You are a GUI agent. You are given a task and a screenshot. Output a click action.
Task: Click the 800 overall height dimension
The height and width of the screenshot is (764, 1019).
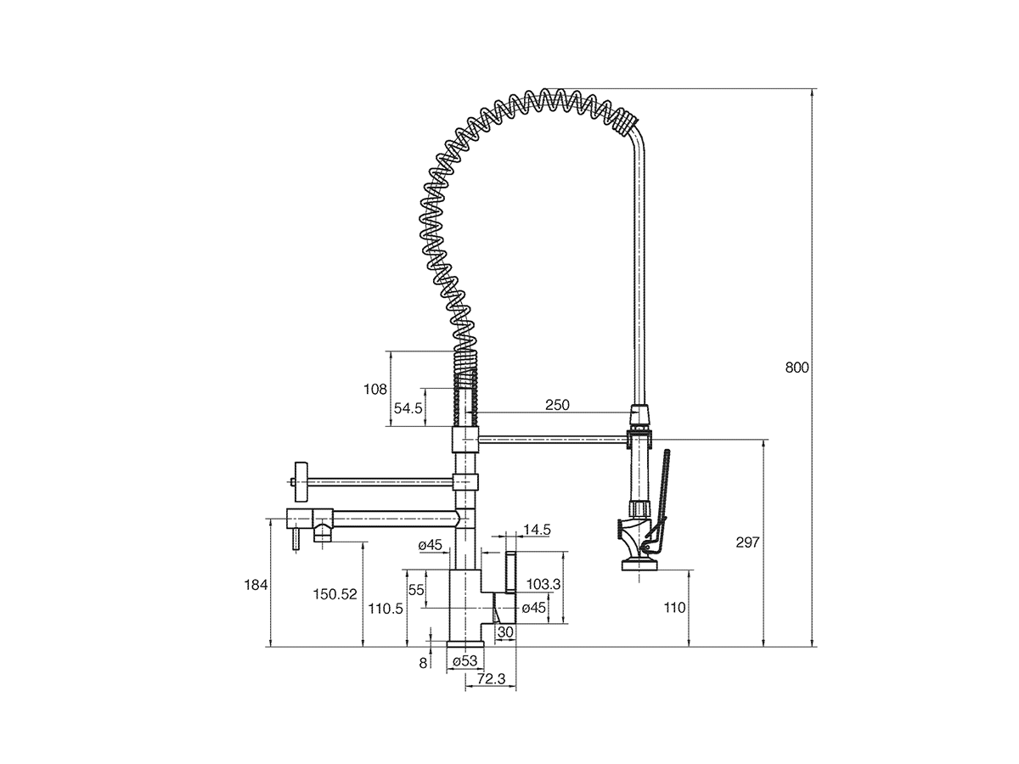797,368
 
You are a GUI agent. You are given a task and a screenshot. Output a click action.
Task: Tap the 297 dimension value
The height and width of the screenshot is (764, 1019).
747,542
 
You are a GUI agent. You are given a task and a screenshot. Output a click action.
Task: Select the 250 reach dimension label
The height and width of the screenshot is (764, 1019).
557,405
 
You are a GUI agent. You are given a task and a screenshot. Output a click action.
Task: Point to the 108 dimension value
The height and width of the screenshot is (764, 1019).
374,389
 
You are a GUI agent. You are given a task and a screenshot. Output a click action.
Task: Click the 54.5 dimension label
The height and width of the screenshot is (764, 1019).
408,408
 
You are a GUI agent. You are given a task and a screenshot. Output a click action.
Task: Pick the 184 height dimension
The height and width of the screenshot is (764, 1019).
256,585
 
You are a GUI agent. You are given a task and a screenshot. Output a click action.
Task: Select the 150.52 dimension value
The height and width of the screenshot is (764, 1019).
335,594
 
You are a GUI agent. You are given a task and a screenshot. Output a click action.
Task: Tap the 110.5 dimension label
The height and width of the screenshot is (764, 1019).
386,608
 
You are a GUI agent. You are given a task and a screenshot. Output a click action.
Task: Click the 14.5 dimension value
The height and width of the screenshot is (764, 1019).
537,530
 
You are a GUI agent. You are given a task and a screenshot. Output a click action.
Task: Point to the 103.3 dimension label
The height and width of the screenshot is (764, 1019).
543,584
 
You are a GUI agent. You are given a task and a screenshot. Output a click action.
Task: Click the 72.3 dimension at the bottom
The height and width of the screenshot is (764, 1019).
491,678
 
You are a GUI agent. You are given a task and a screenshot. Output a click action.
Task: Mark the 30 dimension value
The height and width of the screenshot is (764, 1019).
505,632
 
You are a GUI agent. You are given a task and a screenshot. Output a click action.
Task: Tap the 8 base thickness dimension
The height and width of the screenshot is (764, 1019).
423,663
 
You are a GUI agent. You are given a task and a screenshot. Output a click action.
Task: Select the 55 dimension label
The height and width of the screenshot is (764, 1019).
415,590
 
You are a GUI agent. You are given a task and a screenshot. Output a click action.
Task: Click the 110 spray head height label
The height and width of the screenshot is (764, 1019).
673,608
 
